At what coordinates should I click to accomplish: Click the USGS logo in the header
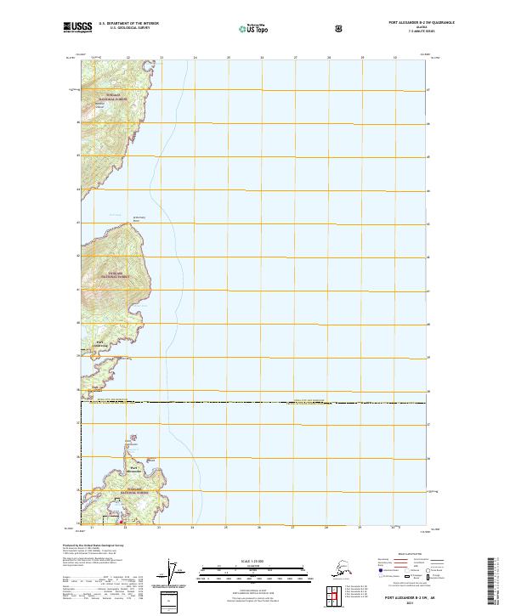point(77,27)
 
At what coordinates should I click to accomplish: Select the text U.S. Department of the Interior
point(128,23)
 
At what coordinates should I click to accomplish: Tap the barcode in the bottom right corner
point(497,578)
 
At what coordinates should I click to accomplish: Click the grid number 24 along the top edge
point(195,58)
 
